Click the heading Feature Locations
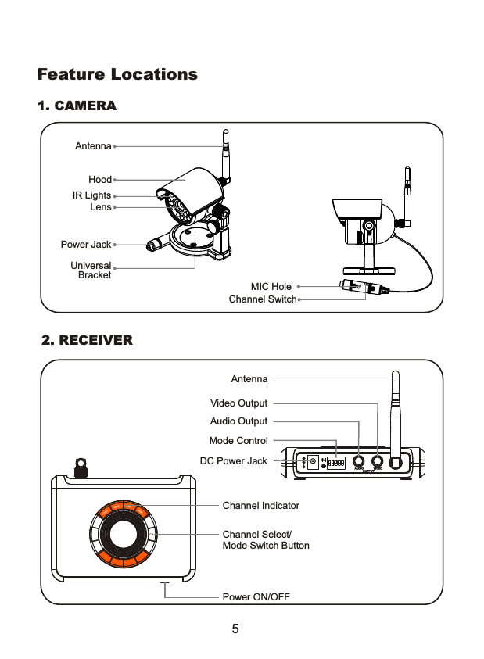click(x=117, y=75)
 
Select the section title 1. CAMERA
click(x=77, y=106)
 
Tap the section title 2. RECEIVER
click(x=87, y=341)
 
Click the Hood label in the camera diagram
click(x=100, y=180)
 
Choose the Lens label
click(x=101, y=207)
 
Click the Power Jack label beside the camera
click(x=86, y=245)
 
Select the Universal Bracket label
click(x=91, y=270)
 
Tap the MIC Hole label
click(x=271, y=287)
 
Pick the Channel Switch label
click(x=263, y=299)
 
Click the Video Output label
click(x=238, y=403)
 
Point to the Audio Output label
click(x=238, y=421)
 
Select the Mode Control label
click(x=238, y=441)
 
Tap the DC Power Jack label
click(x=234, y=461)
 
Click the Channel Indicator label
click(x=260, y=506)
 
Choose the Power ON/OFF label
click(x=256, y=597)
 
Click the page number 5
click(x=235, y=629)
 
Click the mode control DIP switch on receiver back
click(x=336, y=463)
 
